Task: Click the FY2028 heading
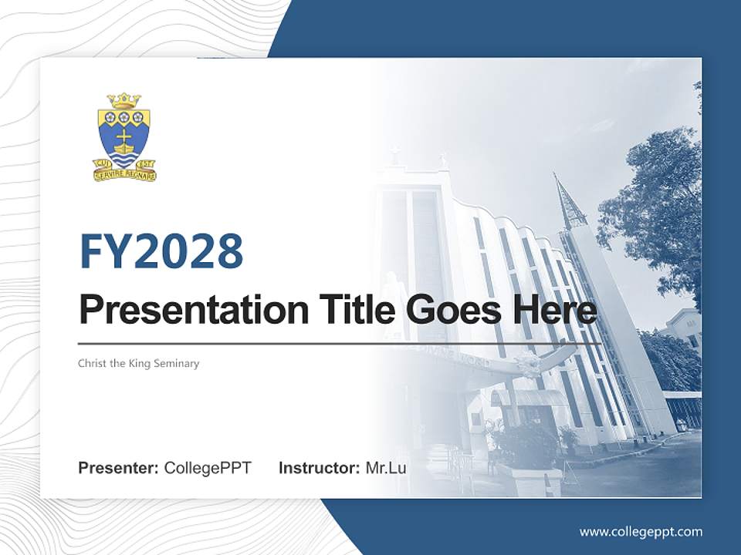(161, 251)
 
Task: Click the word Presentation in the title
(182, 311)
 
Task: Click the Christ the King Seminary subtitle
(138, 363)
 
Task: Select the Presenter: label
(119, 468)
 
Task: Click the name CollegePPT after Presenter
(208, 468)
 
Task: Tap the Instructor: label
(319, 468)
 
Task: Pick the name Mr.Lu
(386, 468)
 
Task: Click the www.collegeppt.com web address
(641, 531)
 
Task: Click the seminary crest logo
(124, 137)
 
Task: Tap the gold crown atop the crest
(124, 101)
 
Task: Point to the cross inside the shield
(124, 140)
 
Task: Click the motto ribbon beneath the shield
(124, 173)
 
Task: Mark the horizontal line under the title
(340, 343)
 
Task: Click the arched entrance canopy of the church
(529, 399)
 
